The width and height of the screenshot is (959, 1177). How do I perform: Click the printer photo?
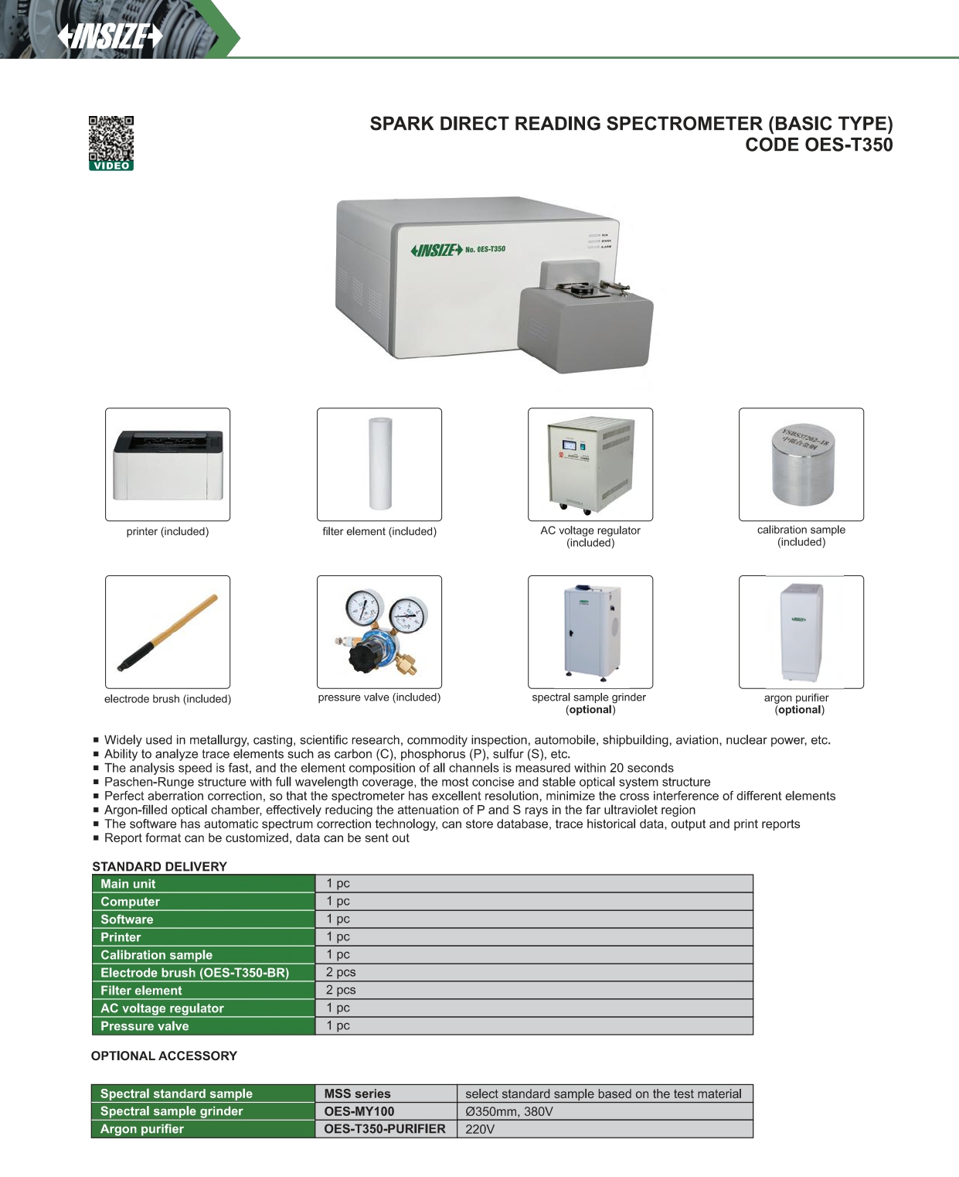168,465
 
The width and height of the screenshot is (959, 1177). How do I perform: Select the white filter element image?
380,463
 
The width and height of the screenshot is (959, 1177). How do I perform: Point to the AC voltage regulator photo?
590,465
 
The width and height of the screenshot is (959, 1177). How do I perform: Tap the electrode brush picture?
168,632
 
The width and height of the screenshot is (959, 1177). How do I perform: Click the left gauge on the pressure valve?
363,609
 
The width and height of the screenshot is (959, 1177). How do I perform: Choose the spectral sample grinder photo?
590,631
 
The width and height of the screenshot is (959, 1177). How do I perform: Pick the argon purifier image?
801,631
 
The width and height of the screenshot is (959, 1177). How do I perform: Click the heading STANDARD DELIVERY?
159,866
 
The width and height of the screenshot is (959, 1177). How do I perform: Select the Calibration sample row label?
156,955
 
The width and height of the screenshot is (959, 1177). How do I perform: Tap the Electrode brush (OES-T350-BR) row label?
195,973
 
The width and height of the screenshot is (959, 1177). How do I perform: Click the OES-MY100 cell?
359,1111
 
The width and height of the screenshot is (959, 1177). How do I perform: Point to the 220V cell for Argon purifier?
480,1129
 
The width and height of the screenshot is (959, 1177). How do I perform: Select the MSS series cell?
357,1093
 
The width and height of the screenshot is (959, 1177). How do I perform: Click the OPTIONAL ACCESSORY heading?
164,1056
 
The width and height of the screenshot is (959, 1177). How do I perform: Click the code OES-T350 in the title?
850,145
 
